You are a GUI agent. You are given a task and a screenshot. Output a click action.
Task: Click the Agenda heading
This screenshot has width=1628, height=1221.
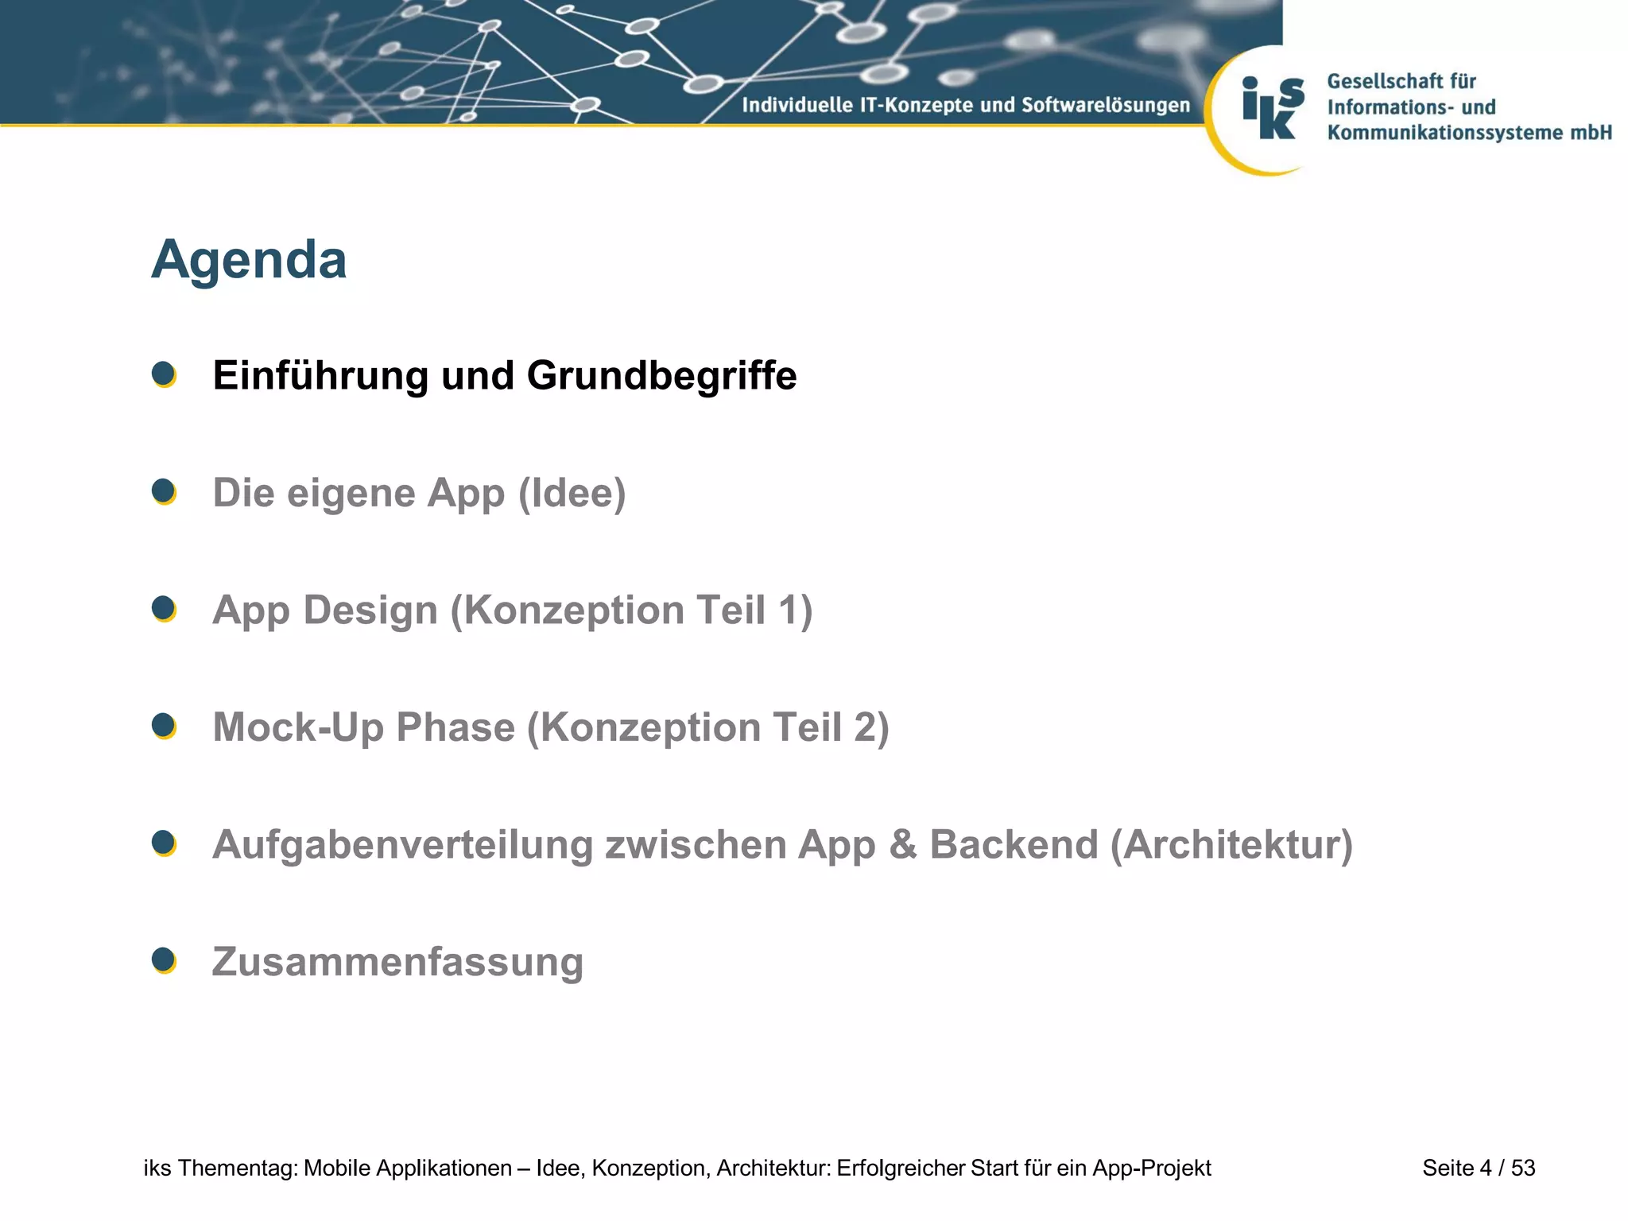[x=249, y=260]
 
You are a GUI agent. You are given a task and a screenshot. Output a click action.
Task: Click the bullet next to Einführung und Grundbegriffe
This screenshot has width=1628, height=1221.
[x=164, y=374]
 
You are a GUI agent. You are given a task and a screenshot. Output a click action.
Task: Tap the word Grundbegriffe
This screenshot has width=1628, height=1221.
[x=661, y=376]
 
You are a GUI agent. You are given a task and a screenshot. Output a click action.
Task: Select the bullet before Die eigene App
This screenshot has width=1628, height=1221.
[x=164, y=491]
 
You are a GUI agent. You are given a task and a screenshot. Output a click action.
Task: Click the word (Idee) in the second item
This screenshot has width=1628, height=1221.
[x=572, y=494]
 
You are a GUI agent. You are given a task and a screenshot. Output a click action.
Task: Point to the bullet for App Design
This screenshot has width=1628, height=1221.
[x=164, y=608]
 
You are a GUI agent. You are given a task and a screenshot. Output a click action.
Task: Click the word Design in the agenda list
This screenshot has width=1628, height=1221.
[x=370, y=610]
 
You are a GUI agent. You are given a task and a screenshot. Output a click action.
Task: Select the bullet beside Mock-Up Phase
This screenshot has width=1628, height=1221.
[x=164, y=726]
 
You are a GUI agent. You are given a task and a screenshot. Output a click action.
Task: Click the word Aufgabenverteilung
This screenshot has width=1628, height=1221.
[x=402, y=845]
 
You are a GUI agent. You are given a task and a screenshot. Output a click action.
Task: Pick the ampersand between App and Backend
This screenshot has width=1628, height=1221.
[x=902, y=844]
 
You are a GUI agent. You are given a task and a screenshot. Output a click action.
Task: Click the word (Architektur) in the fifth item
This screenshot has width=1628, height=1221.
[x=1231, y=845]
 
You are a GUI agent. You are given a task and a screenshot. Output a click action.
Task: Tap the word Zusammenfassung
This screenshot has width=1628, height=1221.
[x=397, y=962]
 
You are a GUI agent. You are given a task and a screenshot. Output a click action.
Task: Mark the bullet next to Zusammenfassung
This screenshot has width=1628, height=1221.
[x=164, y=960]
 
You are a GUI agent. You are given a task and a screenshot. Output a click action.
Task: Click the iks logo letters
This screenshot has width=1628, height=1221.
[x=1272, y=108]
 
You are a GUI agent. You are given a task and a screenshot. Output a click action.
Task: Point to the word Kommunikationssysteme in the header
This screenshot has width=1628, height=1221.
[x=1443, y=133]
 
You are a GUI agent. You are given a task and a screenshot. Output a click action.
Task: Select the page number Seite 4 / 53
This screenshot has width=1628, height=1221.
[x=1479, y=1168]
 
